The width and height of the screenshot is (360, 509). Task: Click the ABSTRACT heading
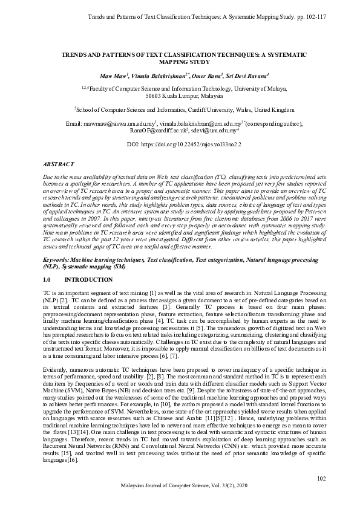[x=58, y=164]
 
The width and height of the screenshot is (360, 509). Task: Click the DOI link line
[x=180, y=145]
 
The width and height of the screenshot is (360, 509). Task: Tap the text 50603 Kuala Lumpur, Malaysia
[x=180, y=96]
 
